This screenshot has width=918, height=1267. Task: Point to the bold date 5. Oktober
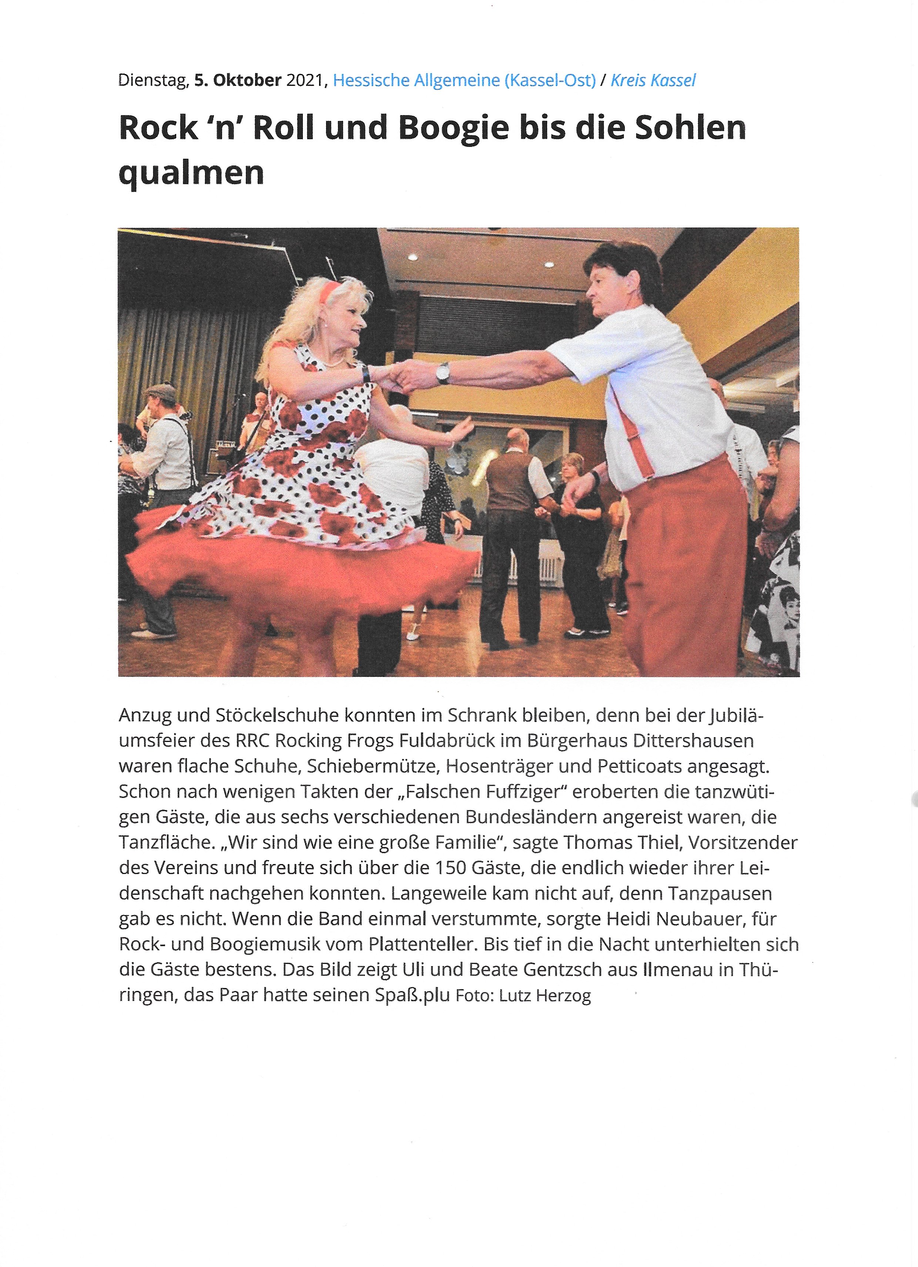tap(238, 80)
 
